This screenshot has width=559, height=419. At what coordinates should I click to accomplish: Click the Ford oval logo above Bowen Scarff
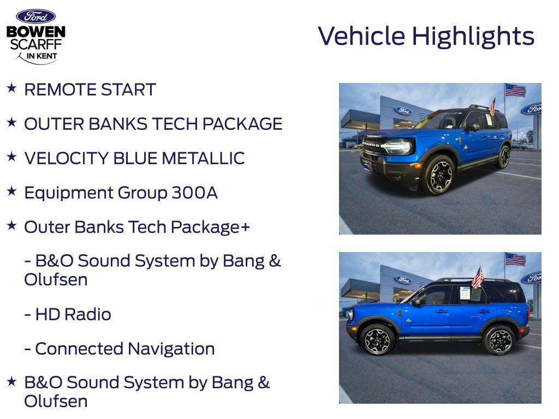35,16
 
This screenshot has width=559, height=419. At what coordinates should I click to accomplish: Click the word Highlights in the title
473,37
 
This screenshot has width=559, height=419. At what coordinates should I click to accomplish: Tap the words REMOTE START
90,90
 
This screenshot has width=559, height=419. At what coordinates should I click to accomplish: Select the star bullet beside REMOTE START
11,88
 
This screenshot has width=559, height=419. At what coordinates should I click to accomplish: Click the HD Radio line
68,315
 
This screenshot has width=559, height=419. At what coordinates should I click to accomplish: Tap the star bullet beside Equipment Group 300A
11,191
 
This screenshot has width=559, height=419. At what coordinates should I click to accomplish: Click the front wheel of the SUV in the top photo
437,175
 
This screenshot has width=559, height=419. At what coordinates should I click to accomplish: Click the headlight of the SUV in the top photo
398,146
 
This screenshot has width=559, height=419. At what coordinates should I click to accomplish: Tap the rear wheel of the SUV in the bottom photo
500,339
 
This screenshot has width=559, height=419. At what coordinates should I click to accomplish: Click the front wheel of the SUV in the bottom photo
376,339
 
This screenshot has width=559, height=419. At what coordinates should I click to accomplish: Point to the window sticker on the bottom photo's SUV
465,293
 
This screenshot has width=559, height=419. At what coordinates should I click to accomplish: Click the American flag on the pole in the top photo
515,90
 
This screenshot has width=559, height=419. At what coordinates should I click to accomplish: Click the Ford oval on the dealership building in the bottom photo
403,280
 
